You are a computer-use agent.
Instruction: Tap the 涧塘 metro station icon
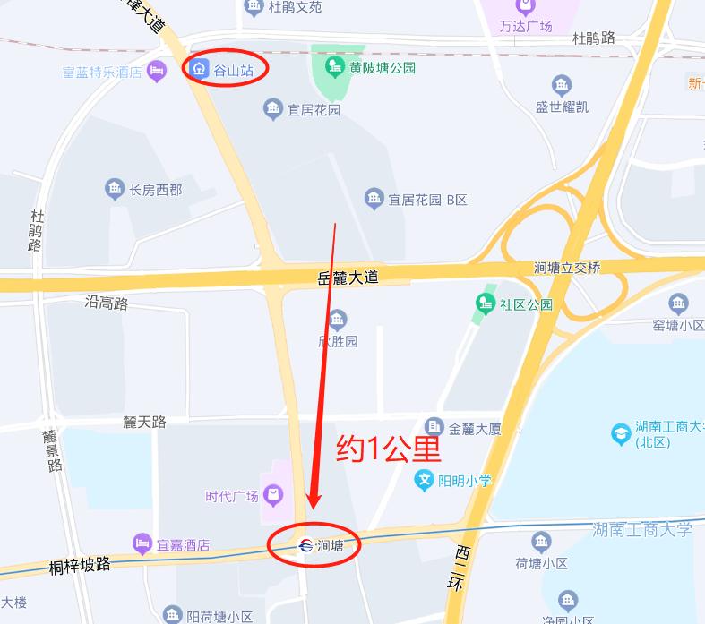click(305, 545)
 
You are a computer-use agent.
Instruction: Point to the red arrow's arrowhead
click(314, 502)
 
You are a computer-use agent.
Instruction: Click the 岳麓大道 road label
click(348, 278)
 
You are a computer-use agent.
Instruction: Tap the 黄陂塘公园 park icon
click(335, 66)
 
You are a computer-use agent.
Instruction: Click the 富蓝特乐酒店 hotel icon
click(157, 71)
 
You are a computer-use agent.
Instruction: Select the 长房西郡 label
click(155, 190)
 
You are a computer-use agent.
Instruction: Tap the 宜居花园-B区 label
click(427, 200)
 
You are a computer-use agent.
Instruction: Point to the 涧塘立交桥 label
click(567, 268)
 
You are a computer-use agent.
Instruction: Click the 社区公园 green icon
click(486, 303)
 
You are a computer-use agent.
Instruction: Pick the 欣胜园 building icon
click(338, 319)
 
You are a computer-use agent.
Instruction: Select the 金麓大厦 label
click(475, 428)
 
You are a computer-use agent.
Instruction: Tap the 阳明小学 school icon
click(425, 481)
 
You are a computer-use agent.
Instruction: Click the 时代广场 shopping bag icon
click(272, 494)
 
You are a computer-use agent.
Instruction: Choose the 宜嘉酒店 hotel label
click(183, 543)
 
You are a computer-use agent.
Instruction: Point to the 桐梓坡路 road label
click(80, 565)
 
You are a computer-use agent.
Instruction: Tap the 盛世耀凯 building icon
click(562, 86)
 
